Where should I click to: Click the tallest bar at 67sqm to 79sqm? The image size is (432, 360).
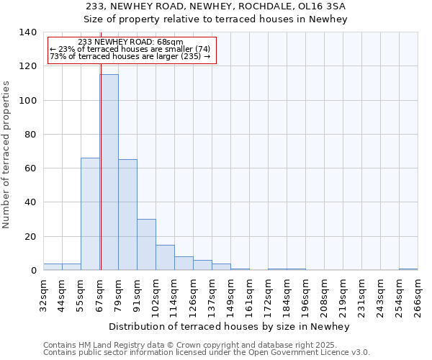(109, 173)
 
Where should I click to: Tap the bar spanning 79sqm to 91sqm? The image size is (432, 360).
(127, 215)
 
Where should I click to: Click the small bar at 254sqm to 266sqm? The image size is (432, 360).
(408, 269)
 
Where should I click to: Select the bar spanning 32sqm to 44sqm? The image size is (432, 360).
(53, 267)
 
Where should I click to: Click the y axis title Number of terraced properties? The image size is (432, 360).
(7, 154)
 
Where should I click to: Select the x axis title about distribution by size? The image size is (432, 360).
(230, 326)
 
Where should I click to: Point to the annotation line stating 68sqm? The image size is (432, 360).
(130, 42)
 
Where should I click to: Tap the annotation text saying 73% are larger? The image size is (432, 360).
(130, 56)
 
